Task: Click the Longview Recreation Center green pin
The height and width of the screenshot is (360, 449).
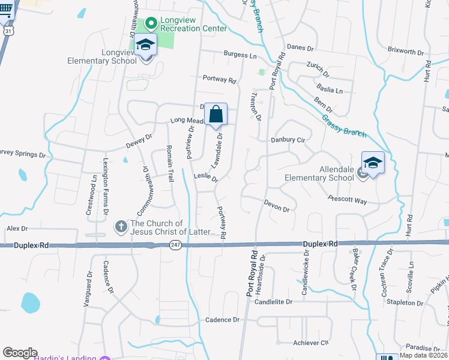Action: pos(150,23)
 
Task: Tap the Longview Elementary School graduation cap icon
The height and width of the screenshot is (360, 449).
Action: pos(145,45)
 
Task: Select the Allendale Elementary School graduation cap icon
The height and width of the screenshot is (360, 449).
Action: pos(373,163)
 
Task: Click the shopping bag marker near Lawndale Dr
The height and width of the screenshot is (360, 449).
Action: pos(216,113)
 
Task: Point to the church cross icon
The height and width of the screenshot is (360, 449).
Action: pos(120,227)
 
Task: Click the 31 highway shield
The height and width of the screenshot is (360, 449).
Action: pos(7,29)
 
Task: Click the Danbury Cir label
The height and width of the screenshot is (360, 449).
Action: pos(288,140)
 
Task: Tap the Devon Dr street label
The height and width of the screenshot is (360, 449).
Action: pos(277,206)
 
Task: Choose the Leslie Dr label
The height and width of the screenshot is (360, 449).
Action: pos(206,177)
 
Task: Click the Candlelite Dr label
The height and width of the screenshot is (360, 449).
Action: pos(273,302)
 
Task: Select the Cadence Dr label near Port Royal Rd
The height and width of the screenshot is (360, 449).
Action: pos(223,320)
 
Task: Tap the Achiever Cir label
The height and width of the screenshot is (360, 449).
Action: pos(311,343)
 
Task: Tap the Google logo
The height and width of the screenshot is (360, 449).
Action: pos(20,352)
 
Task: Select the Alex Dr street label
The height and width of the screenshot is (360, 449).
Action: pos(17,229)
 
